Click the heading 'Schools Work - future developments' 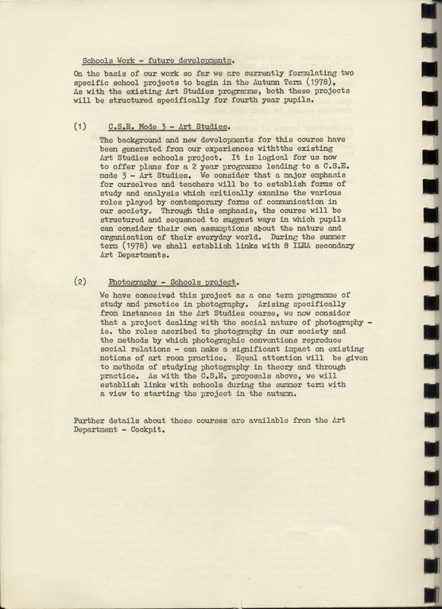pos(157,60)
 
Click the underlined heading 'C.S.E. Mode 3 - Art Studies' pos(169,126)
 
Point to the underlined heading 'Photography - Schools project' pos(173,282)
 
